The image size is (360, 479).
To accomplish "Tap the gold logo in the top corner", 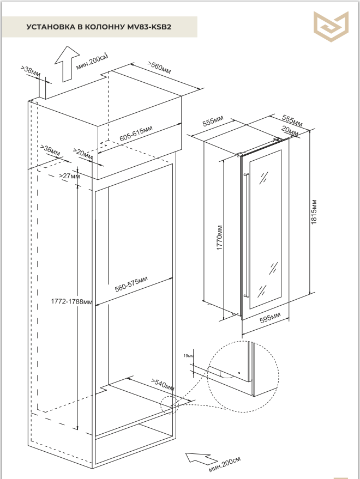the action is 331,26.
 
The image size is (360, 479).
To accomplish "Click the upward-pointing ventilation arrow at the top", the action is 67,64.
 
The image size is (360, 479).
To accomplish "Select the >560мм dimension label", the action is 159,68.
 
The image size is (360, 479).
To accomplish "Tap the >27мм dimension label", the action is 69,176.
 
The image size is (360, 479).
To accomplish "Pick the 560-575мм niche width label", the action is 131,284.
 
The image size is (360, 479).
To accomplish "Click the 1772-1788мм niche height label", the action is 71,301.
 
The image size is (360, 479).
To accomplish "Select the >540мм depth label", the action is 163,385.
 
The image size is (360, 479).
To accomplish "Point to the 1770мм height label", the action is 220,238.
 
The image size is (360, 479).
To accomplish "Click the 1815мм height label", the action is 314,212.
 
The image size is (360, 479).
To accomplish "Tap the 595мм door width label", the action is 270,318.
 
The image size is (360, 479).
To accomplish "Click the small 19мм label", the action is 188,356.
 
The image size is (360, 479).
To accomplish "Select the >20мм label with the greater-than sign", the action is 83,153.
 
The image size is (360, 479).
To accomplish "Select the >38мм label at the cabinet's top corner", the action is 31,71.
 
